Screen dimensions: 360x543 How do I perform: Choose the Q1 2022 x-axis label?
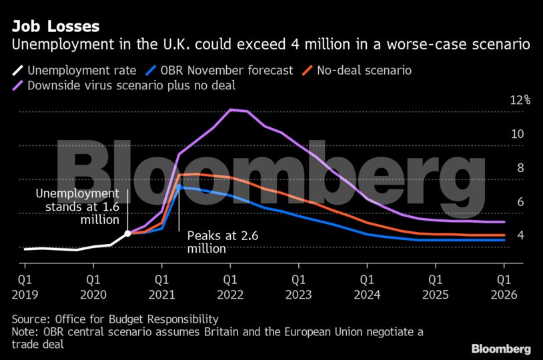(230, 285)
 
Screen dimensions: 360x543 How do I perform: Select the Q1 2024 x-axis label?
(368, 285)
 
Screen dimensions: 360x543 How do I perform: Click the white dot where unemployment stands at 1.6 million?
(127, 233)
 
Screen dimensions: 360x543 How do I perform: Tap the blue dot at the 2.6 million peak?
(179, 187)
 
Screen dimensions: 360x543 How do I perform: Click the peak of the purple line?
(230, 109)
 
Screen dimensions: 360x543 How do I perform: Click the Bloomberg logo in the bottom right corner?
(501, 349)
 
